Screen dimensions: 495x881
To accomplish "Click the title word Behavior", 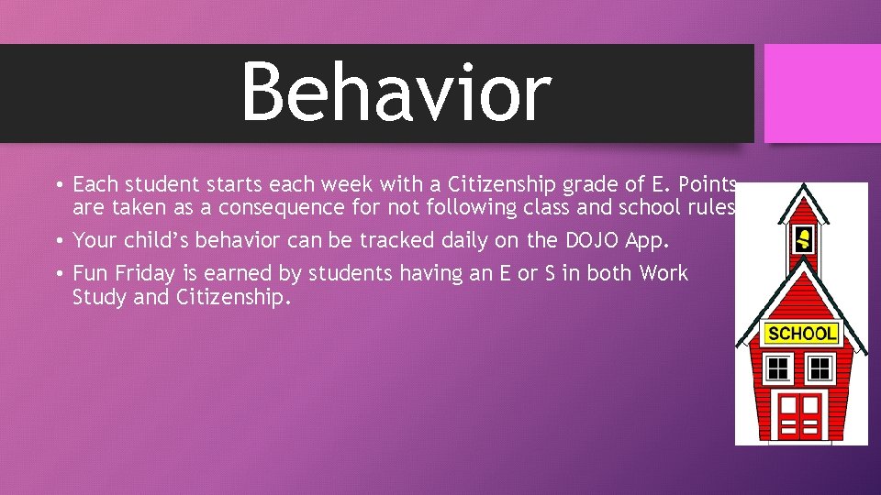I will (x=396, y=92).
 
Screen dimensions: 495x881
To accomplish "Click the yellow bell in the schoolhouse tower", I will (x=804, y=240).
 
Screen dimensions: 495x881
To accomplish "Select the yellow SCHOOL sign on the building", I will (x=801, y=334).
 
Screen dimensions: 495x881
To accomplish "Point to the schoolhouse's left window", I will (x=778, y=368).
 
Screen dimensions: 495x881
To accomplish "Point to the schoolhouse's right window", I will (x=820, y=368).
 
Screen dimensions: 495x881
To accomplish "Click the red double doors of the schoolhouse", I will (x=798, y=414).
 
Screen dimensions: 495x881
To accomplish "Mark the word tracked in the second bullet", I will (x=396, y=241).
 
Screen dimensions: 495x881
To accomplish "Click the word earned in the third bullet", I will (x=233, y=273).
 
